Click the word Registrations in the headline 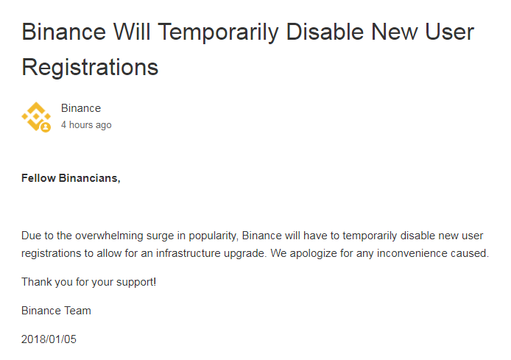[90, 68]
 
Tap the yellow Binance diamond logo [36, 116]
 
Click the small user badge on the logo [46, 127]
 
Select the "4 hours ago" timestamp [86, 125]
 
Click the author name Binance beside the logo [81, 108]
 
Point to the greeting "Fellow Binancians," [71, 179]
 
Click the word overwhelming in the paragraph [109, 236]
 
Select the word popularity [214, 236]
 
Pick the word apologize [313, 254]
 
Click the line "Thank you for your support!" [88, 283]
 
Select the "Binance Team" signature [56, 311]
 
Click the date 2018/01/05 [49, 339]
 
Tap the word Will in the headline [132, 32]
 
